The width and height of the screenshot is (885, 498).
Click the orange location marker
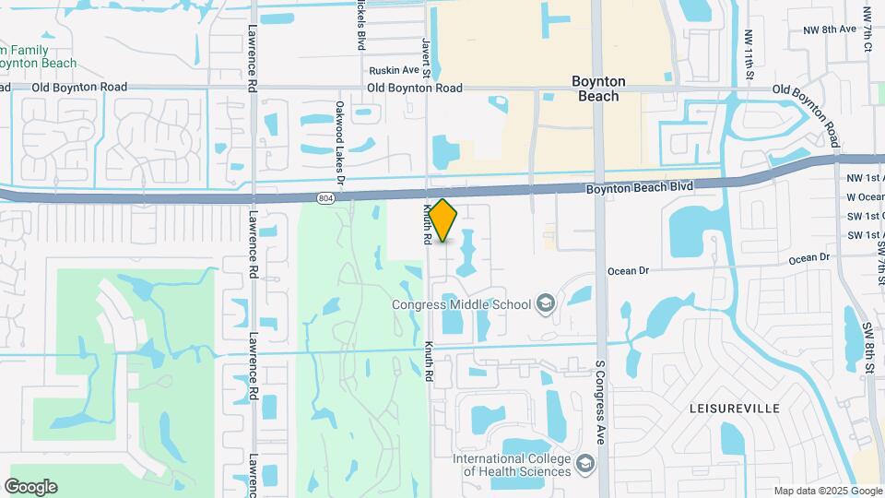point(443,220)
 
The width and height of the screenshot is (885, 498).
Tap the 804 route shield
point(325,197)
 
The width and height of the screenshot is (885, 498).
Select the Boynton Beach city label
point(598,89)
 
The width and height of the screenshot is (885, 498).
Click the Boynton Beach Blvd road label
point(639,187)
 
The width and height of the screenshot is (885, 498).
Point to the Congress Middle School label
point(461,304)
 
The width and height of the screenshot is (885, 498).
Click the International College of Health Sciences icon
point(584,464)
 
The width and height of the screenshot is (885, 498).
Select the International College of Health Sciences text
point(513,465)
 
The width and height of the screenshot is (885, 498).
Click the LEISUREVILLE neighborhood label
point(734,408)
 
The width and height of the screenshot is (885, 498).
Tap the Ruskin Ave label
point(394,70)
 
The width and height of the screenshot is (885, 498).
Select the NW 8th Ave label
point(828,30)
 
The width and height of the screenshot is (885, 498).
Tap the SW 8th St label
point(868,349)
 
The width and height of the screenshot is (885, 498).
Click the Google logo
point(30,486)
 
